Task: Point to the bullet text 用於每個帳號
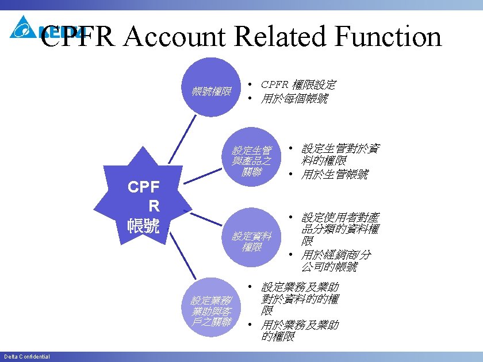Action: point(294,99)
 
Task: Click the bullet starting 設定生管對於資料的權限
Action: point(339,153)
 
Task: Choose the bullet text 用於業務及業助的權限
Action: point(299,330)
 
